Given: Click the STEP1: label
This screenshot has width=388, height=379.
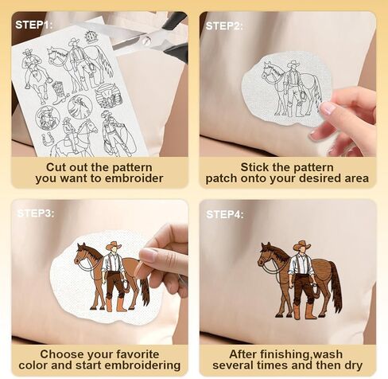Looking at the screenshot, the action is [34, 25].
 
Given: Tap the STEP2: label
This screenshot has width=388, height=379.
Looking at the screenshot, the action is [224, 26].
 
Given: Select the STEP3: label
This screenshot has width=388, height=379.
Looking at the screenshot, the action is [36, 213].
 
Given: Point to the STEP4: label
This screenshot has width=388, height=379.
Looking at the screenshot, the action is [225, 214].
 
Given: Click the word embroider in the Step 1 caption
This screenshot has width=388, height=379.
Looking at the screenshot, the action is [134, 178].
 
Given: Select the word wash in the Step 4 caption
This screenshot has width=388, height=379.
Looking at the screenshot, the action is [328, 354].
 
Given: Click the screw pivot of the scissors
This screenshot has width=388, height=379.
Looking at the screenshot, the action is [146, 41].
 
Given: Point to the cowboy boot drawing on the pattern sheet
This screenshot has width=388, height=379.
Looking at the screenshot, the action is [59, 92].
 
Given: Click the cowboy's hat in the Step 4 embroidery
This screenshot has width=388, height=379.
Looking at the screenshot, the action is [302, 245].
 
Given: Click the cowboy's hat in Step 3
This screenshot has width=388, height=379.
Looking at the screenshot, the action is [114, 246].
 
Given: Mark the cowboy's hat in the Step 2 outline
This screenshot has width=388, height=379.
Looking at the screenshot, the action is [293, 64].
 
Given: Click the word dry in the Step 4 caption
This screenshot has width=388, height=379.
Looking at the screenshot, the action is [353, 365].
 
